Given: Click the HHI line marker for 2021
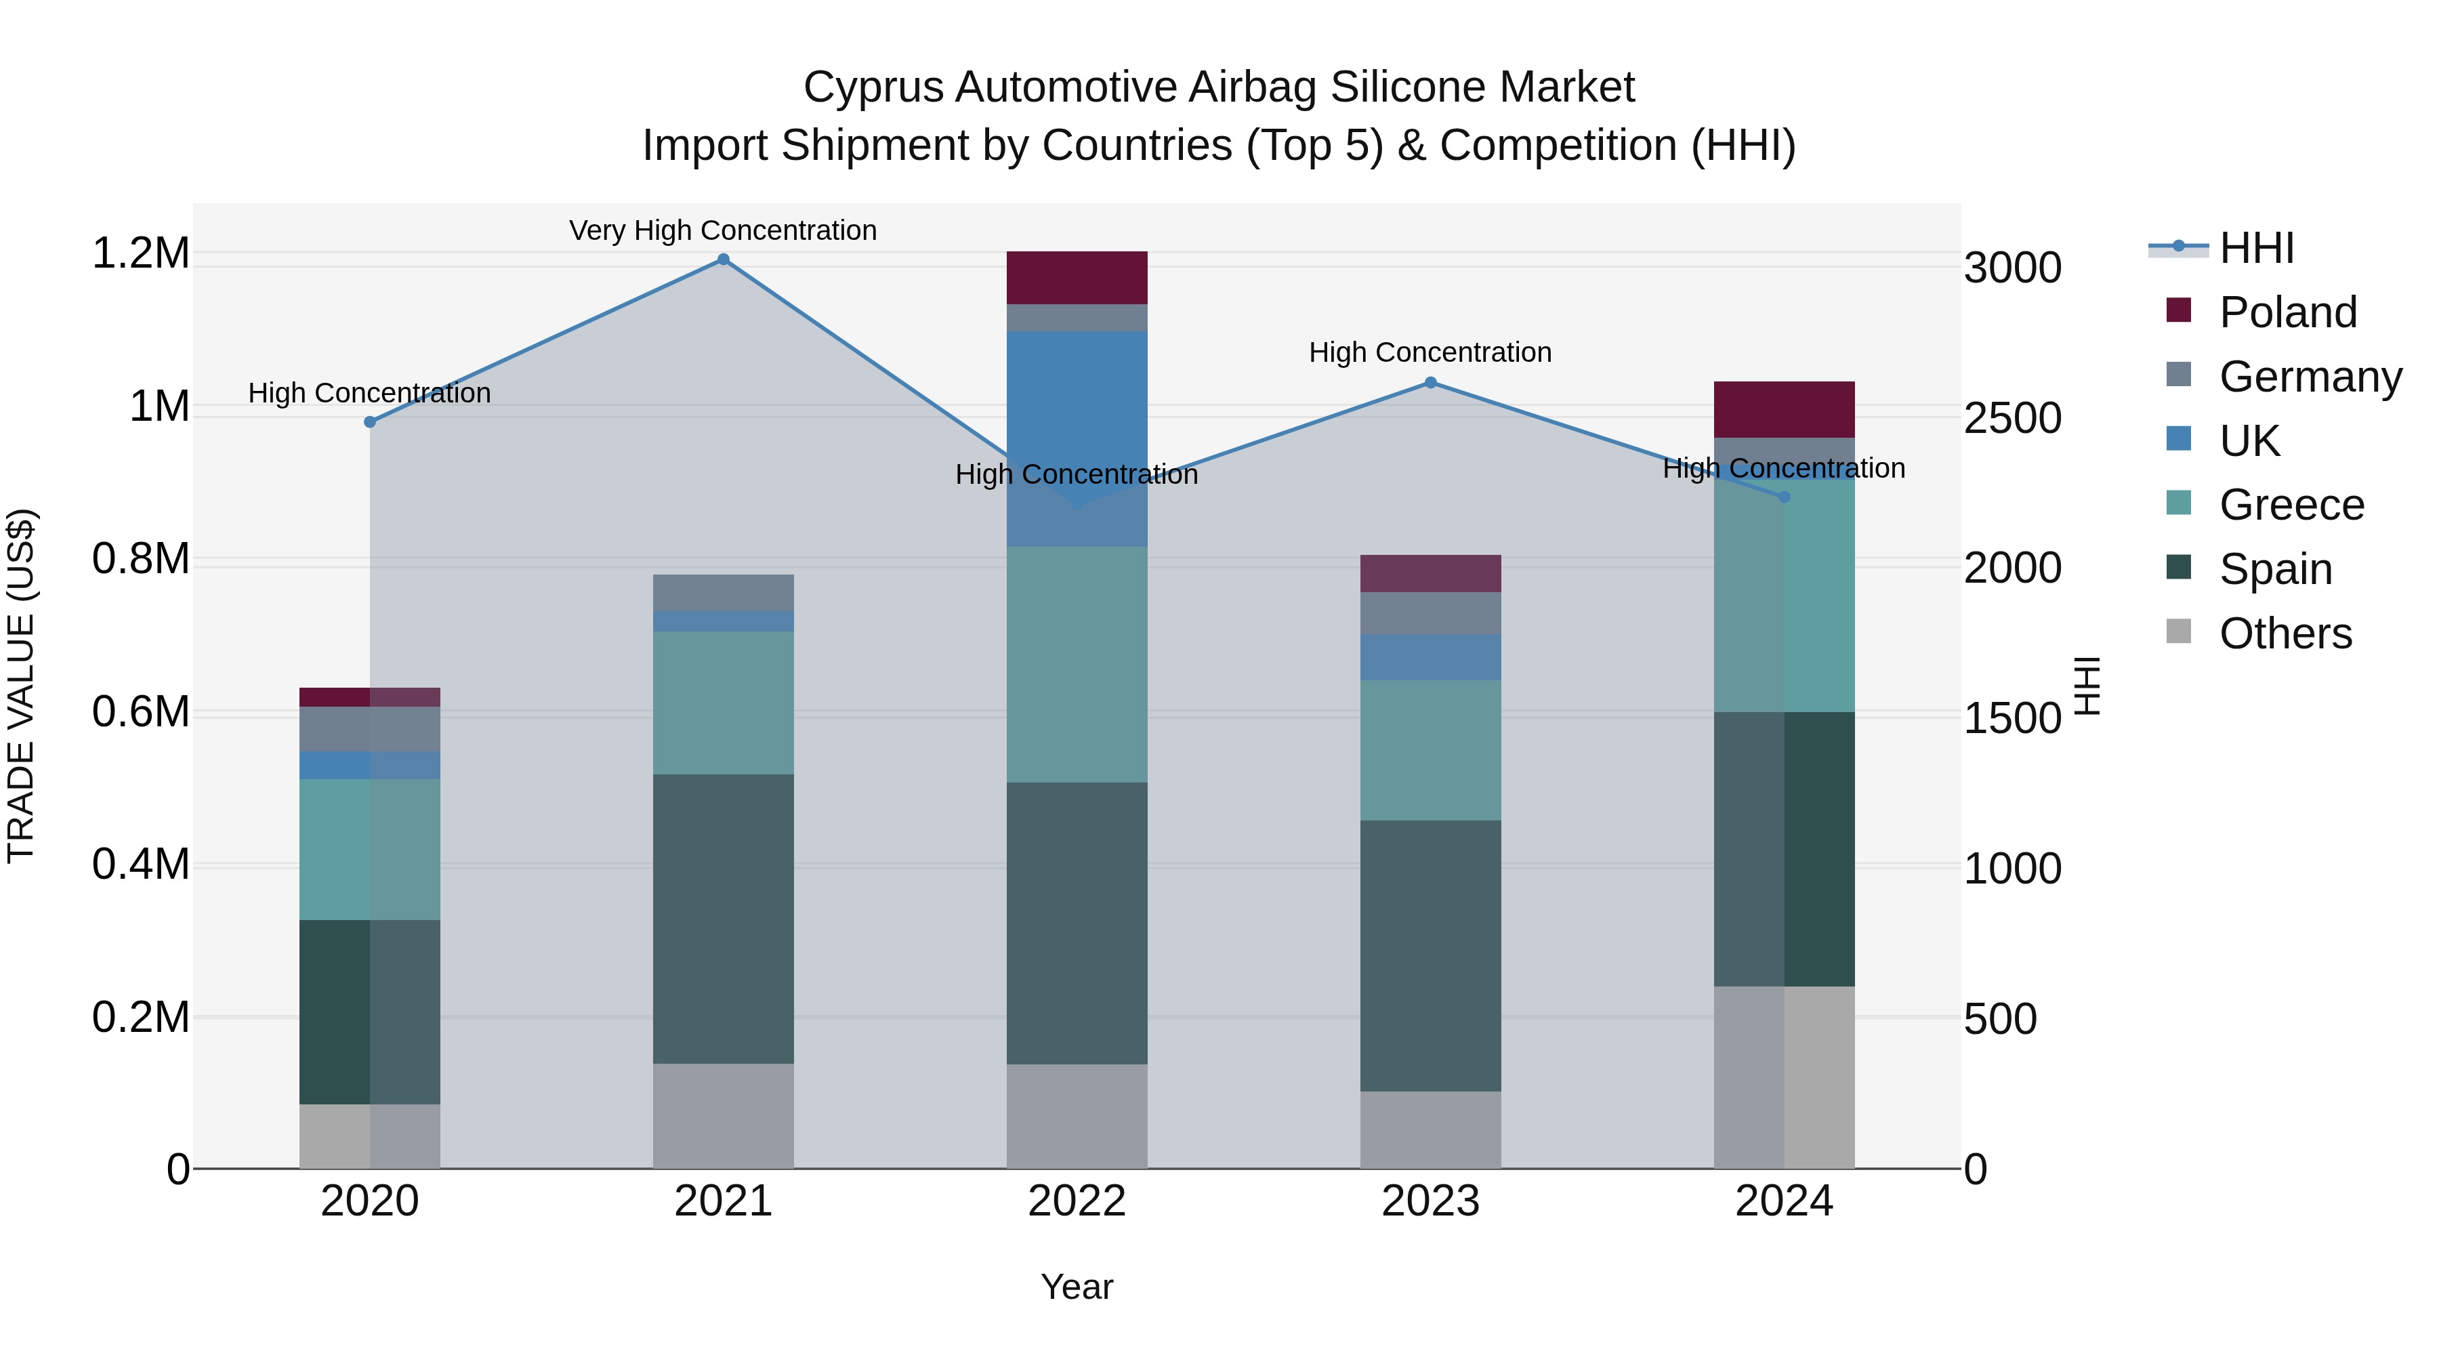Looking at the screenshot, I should click(x=724, y=259).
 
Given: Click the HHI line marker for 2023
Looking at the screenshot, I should click(x=1431, y=383).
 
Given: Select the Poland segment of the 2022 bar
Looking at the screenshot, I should click(x=1077, y=277).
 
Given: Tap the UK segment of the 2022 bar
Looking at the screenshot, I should click(x=1077, y=438).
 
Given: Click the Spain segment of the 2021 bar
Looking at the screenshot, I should click(x=724, y=919).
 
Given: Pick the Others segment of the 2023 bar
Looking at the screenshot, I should click(x=1431, y=1129).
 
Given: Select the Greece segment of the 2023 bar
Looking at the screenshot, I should click(x=1431, y=750).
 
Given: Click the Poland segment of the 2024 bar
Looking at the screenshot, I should click(x=1784, y=409).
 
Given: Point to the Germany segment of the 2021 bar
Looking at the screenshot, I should click(x=724, y=593).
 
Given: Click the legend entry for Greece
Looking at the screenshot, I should click(x=2291, y=505).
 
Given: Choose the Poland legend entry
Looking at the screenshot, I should click(x=2287, y=312).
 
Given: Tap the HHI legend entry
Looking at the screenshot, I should click(x=2256, y=248).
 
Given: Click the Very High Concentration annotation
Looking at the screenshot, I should click(x=724, y=230).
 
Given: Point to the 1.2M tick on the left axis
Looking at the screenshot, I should click(x=141, y=254).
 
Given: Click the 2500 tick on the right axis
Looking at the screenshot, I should click(x=2013, y=419).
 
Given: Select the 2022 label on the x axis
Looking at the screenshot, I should click(x=1077, y=1201).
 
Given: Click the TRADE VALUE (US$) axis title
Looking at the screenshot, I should click(x=21, y=686).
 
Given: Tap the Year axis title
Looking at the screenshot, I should click(x=1077, y=1287).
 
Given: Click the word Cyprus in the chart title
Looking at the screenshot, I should click(x=872, y=87).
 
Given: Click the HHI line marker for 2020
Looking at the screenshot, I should click(x=370, y=421).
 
